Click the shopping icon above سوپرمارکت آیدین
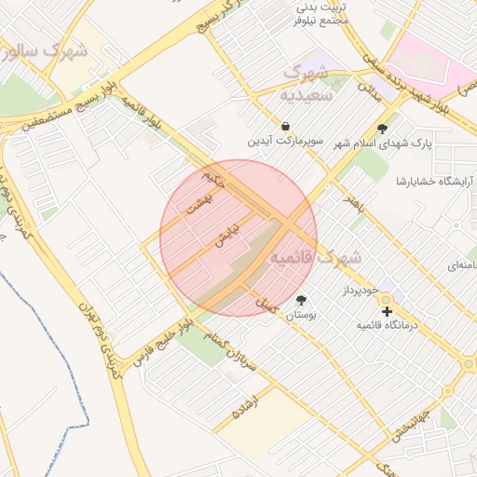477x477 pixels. coord(284,126)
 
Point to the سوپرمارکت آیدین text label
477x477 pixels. coord(284,142)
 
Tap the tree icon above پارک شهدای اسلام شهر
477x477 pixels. coord(382,129)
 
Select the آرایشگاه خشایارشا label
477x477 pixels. coord(435,180)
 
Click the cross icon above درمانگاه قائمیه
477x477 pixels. coord(388,311)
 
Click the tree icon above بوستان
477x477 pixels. coord(301,300)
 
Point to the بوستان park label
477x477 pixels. coord(301,316)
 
